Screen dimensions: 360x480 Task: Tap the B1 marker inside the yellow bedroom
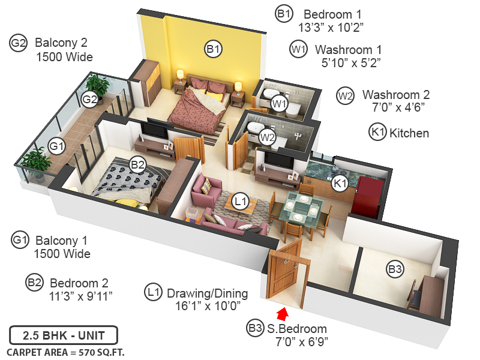(x=214, y=49)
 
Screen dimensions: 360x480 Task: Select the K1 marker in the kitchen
(x=340, y=183)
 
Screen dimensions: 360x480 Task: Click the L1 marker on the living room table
(x=241, y=202)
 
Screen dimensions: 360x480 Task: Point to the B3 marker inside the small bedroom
(x=394, y=270)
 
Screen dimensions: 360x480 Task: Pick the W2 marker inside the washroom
(x=267, y=137)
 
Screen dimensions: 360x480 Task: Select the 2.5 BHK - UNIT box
(x=63, y=335)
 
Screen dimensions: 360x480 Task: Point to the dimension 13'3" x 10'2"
(x=331, y=27)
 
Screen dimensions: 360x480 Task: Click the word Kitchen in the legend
(x=409, y=133)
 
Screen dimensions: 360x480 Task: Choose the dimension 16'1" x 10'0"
(x=204, y=306)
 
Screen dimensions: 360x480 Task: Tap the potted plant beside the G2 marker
(x=97, y=86)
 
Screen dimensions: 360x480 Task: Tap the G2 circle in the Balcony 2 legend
(x=19, y=43)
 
